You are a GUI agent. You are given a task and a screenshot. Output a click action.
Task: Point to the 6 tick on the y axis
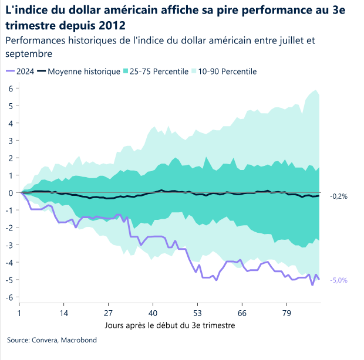(11, 89)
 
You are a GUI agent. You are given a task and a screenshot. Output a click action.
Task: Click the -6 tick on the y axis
(9, 297)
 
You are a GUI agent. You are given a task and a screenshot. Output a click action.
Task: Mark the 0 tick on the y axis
(11, 193)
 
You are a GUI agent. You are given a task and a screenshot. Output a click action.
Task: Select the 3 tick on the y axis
(11, 141)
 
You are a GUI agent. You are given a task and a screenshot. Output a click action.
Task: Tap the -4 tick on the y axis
(9, 263)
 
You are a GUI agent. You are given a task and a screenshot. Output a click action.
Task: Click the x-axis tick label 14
(64, 313)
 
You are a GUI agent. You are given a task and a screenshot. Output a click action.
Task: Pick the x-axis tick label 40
(153, 313)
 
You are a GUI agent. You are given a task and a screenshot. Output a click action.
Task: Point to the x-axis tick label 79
(286, 313)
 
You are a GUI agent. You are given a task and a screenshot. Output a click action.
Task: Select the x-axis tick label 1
(19, 313)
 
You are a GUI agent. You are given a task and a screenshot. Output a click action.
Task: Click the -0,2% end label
(339, 196)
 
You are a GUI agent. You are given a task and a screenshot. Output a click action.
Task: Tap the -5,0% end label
(339, 280)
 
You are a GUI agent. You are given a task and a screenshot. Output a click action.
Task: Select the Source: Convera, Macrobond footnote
(52, 340)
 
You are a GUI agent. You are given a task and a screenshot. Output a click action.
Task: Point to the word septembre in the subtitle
(29, 53)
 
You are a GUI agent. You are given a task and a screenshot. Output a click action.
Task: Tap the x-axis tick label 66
(241, 313)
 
